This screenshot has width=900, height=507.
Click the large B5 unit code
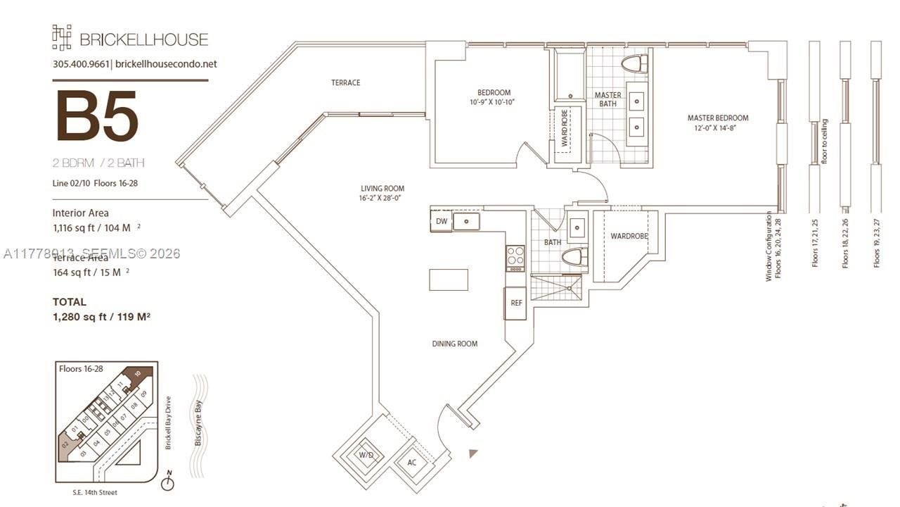(96, 116)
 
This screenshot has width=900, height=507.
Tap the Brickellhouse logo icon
(62, 38)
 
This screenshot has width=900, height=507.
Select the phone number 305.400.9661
(81, 64)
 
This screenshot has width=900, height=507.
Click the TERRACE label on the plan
(345, 83)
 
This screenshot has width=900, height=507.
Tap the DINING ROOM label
(455, 344)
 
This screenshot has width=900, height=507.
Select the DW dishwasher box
(441, 222)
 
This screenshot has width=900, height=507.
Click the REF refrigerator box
(516, 303)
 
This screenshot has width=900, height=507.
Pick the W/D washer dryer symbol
(366, 456)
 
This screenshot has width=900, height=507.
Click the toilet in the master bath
(635, 64)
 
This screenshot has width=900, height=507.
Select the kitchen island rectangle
(449, 280)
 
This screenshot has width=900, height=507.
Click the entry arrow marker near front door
(473, 453)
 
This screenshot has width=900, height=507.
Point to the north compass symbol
(167, 483)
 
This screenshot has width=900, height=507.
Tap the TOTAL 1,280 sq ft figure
(101, 317)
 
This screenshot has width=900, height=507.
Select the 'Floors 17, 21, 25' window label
(816, 242)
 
